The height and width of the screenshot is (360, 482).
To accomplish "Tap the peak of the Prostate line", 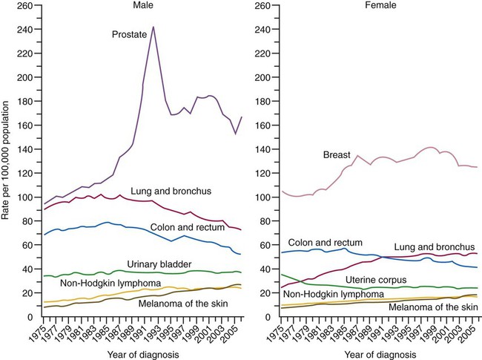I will [x=153, y=27].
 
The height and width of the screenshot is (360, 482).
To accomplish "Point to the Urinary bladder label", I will [x=159, y=264].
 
